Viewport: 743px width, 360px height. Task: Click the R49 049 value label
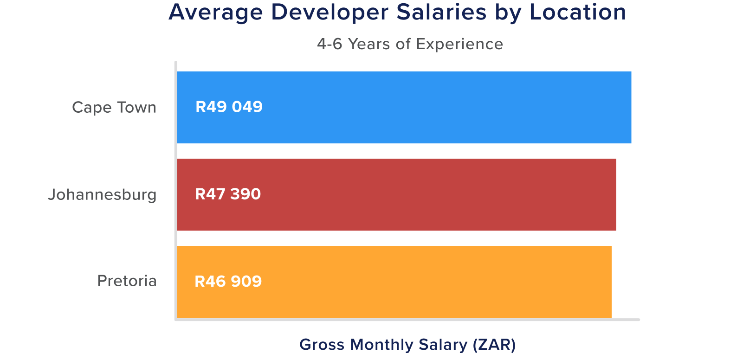pyautogui.click(x=229, y=107)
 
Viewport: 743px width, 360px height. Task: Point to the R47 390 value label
pyautogui.click(x=228, y=194)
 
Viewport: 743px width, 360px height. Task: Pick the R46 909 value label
pyautogui.click(x=228, y=282)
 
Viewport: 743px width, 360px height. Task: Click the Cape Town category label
pyautogui.click(x=114, y=107)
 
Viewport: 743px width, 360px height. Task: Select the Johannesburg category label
pyautogui.click(x=102, y=194)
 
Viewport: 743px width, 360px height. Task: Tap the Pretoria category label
pyautogui.click(x=127, y=281)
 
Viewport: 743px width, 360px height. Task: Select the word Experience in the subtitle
pyautogui.click(x=459, y=45)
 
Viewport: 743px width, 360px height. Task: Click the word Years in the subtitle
pyautogui.click(x=369, y=44)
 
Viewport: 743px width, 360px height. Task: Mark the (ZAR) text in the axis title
pyautogui.click(x=494, y=345)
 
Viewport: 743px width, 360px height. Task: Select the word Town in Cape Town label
pyautogui.click(x=136, y=107)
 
